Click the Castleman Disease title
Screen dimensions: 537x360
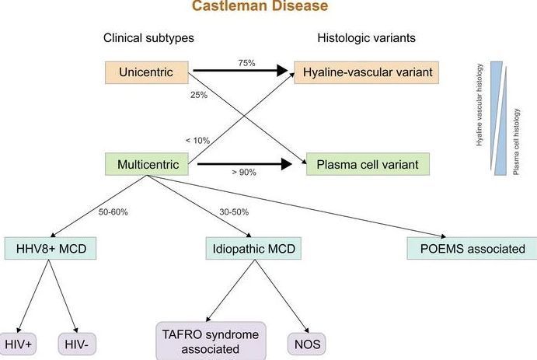click(x=260, y=5)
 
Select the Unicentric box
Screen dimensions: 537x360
click(x=147, y=72)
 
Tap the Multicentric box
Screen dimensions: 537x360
click(x=147, y=164)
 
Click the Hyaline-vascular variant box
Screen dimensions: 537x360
click(x=367, y=72)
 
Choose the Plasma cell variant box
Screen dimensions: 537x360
click(x=368, y=164)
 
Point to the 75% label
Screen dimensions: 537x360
click(x=246, y=63)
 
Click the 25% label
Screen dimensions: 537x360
click(x=199, y=95)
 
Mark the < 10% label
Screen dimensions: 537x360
click(x=198, y=141)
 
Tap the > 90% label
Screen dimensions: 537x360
click(x=244, y=172)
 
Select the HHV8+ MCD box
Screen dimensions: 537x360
click(x=51, y=248)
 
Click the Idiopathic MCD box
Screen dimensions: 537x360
click(x=253, y=248)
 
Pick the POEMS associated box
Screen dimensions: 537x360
click(x=472, y=248)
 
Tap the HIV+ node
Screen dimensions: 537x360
click(x=18, y=344)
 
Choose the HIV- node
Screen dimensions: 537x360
click(x=77, y=344)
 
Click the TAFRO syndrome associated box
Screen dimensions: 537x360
click(x=211, y=341)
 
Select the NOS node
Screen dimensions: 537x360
click(x=307, y=344)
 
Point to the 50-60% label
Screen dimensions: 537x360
click(x=113, y=212)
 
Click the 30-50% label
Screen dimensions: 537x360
click(x=234, y=212)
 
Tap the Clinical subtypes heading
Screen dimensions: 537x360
click(x=148, y=37)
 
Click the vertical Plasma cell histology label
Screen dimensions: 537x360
click(x=517, y=142)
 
